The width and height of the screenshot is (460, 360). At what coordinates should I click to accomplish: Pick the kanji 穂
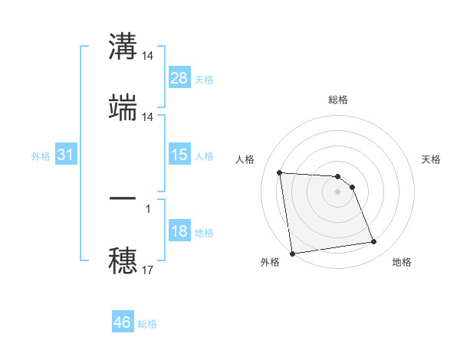coord(123,260)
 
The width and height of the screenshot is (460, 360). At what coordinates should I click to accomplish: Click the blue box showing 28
coord(179,78)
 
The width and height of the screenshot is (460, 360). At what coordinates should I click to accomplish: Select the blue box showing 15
coord(179,155)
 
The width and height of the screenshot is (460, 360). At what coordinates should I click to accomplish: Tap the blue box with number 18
coord(179,231)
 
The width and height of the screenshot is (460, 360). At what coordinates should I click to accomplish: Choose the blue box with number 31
coord(66,155)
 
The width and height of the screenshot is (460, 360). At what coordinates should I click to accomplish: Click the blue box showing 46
coord(123,322)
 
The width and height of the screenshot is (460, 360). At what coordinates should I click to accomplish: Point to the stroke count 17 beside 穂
coord(148,270)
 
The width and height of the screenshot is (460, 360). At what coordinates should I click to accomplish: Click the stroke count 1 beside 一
coord(148,208)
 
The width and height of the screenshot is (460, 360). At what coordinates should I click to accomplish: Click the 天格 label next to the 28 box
coord(204,79)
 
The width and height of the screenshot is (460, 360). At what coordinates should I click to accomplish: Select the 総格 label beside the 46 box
coord(147,324)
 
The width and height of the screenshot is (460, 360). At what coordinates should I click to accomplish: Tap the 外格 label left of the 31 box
coord(41,155)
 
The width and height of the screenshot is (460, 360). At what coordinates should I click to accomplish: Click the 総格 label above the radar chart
coord(337,100)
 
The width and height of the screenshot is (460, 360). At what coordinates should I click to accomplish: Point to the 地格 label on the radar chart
coord(402,263)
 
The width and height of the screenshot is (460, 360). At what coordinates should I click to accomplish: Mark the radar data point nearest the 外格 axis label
coord(291,253)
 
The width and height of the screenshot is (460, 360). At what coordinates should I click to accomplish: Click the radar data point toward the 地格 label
coord(373,242)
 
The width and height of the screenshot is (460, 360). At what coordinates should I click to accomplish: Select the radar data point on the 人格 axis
coord(280,172)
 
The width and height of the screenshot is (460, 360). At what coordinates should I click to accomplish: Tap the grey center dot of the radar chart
coord(337,191)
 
